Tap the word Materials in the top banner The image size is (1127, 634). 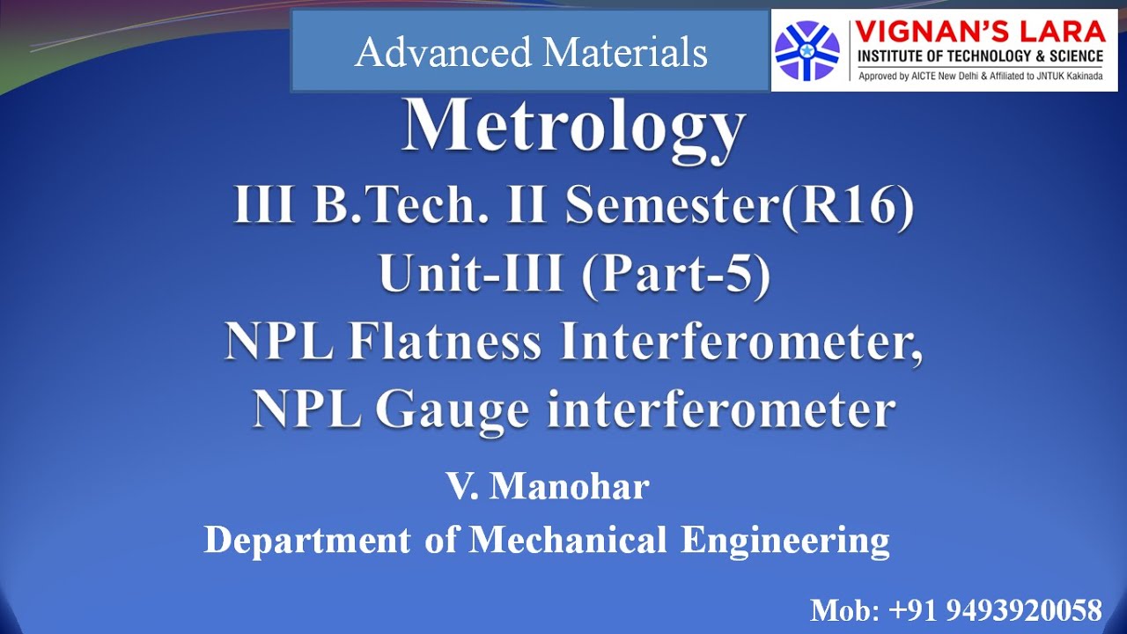[625, 52]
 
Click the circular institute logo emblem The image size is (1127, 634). [807, 50]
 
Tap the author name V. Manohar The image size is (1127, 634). [549, 486]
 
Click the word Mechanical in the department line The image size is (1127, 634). [568, 539]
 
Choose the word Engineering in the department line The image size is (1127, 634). [785, 539]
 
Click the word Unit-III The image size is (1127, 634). [472, 275]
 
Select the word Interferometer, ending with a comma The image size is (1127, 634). [741, 343]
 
